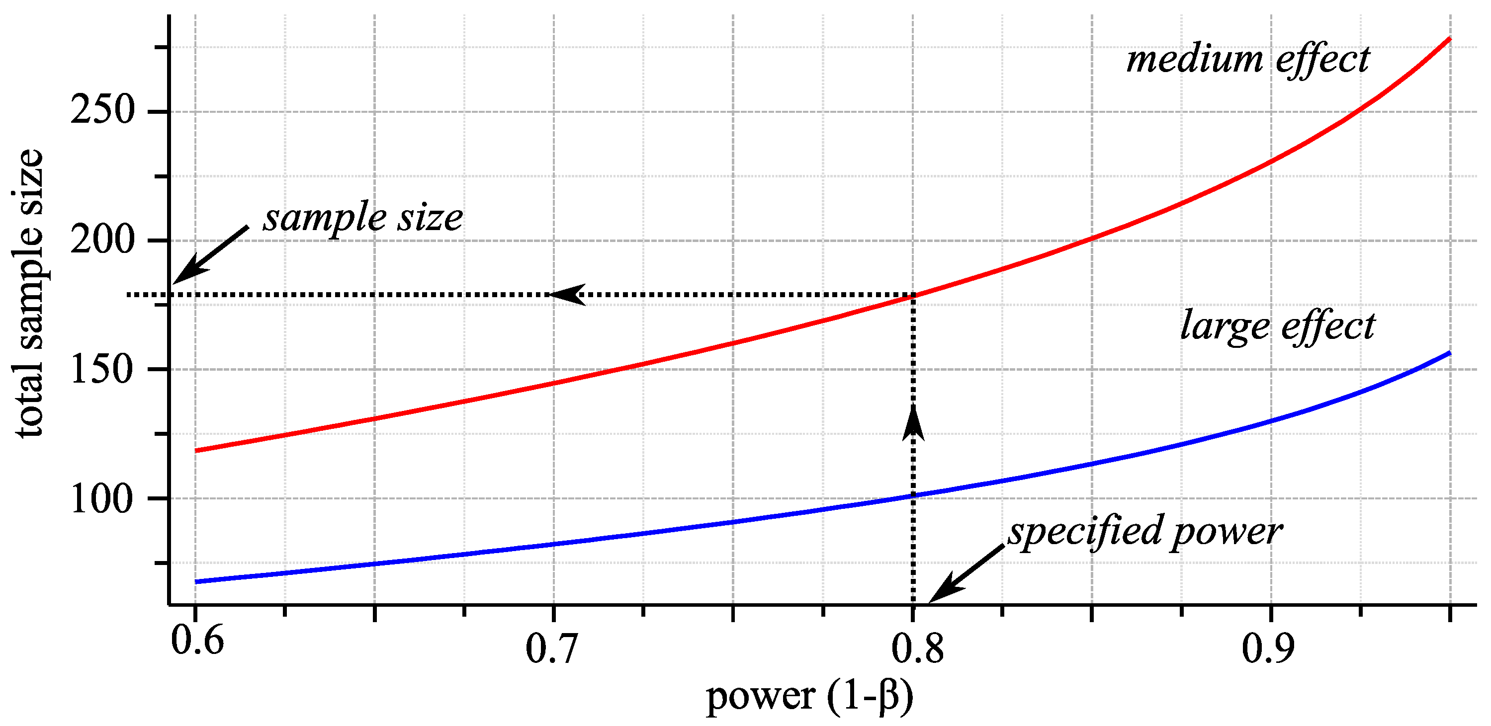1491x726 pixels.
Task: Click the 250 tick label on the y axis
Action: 102,109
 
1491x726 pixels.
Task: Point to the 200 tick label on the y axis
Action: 102,239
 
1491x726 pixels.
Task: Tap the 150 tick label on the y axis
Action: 102,369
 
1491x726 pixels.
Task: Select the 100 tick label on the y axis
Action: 102,498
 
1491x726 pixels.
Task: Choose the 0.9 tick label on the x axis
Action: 1268,648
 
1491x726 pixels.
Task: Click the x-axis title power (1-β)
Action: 810,697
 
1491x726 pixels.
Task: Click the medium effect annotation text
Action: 1248,60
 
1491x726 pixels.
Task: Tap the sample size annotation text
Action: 363,219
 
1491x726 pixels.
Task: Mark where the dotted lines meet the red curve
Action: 913,295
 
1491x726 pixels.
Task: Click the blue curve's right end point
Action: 1449,352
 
